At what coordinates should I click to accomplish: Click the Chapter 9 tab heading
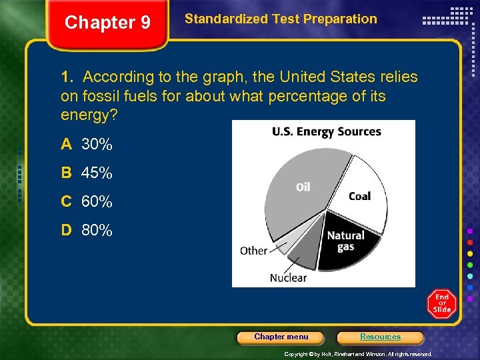pos(107,23)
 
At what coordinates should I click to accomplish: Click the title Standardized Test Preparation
pos(281,19)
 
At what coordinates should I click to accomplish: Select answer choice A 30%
pos(87,144)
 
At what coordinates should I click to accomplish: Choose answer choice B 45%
pos(87,173)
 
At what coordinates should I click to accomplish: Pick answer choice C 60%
pos(87,202)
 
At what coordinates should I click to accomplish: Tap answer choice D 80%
pos(87,231)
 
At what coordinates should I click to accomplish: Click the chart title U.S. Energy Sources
pos(326,131)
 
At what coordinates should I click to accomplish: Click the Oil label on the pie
pos(303,187)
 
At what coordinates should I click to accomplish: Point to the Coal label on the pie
pos(359,196)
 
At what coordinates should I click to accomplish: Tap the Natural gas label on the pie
pos(345,241)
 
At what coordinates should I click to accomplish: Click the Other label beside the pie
pos(253,251)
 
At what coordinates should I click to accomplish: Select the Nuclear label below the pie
pos(288,277)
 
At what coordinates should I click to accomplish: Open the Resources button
pos(380,337)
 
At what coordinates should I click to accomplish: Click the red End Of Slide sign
pos(441,304)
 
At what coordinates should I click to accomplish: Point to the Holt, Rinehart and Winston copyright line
pos(358,354)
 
